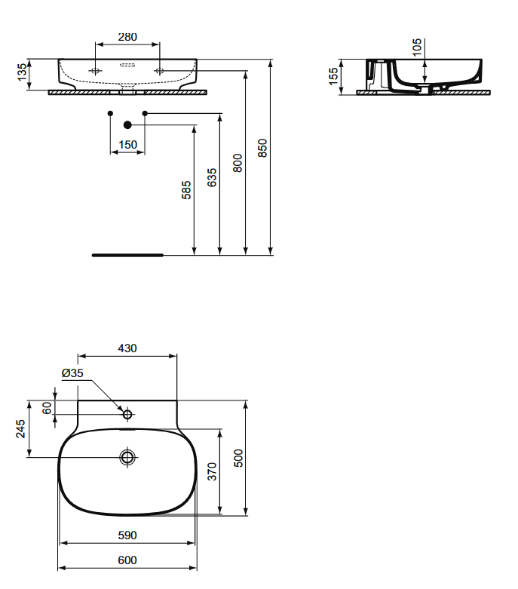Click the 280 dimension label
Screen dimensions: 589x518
tap(127, 37)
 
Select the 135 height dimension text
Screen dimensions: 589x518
tap(23, 73)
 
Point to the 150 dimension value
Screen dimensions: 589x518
tap(127, 144)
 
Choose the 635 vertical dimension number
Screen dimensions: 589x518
tap(212, 178)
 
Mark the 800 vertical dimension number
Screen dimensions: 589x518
tap(238, 163)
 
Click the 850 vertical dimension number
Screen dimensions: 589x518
tap(262, 148)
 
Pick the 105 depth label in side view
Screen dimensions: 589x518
tap(418, 48)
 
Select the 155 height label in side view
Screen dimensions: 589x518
tap(334, 76)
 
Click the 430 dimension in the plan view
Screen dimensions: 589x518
tap(127, 348)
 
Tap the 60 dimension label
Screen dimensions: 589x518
tap(46, 407)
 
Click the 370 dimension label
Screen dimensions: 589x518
tap(213, 472)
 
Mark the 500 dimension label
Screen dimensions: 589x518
tap(238, 459)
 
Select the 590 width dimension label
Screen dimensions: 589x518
tap(127, 535)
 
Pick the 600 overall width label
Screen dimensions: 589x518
tap(127, 560)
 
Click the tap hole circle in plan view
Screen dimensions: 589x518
tap(127, 413)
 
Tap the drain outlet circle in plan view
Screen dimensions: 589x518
tap(127, 457)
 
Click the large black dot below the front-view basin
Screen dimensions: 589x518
tap(127, 124)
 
